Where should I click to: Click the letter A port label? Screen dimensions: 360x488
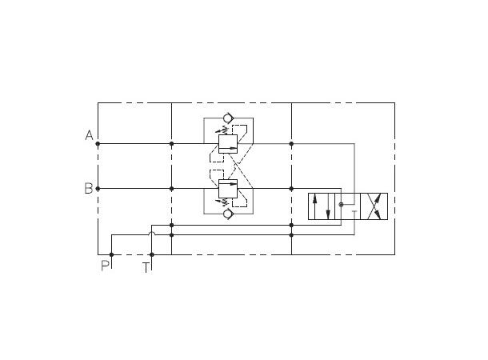(89, 136)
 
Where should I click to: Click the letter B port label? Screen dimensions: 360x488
(89, 189)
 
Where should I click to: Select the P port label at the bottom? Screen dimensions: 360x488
(105, 266)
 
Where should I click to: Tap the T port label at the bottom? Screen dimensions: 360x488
(146, 266)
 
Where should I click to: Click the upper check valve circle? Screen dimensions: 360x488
(228, 118)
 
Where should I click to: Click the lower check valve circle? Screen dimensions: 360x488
(228, 214)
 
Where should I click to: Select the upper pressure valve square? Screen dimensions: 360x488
(228, 144)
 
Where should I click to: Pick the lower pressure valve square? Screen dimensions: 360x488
(228, 189)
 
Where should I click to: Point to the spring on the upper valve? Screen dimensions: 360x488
(223, 131)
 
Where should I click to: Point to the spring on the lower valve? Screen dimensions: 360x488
(223, 202)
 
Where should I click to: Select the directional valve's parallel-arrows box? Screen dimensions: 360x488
(322, 207)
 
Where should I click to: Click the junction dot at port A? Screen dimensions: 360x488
(98, 144)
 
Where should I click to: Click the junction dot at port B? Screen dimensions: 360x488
(98, 189)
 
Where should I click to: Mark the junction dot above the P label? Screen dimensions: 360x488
(111, 254)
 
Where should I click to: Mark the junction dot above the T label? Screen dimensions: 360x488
(151, 254)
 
